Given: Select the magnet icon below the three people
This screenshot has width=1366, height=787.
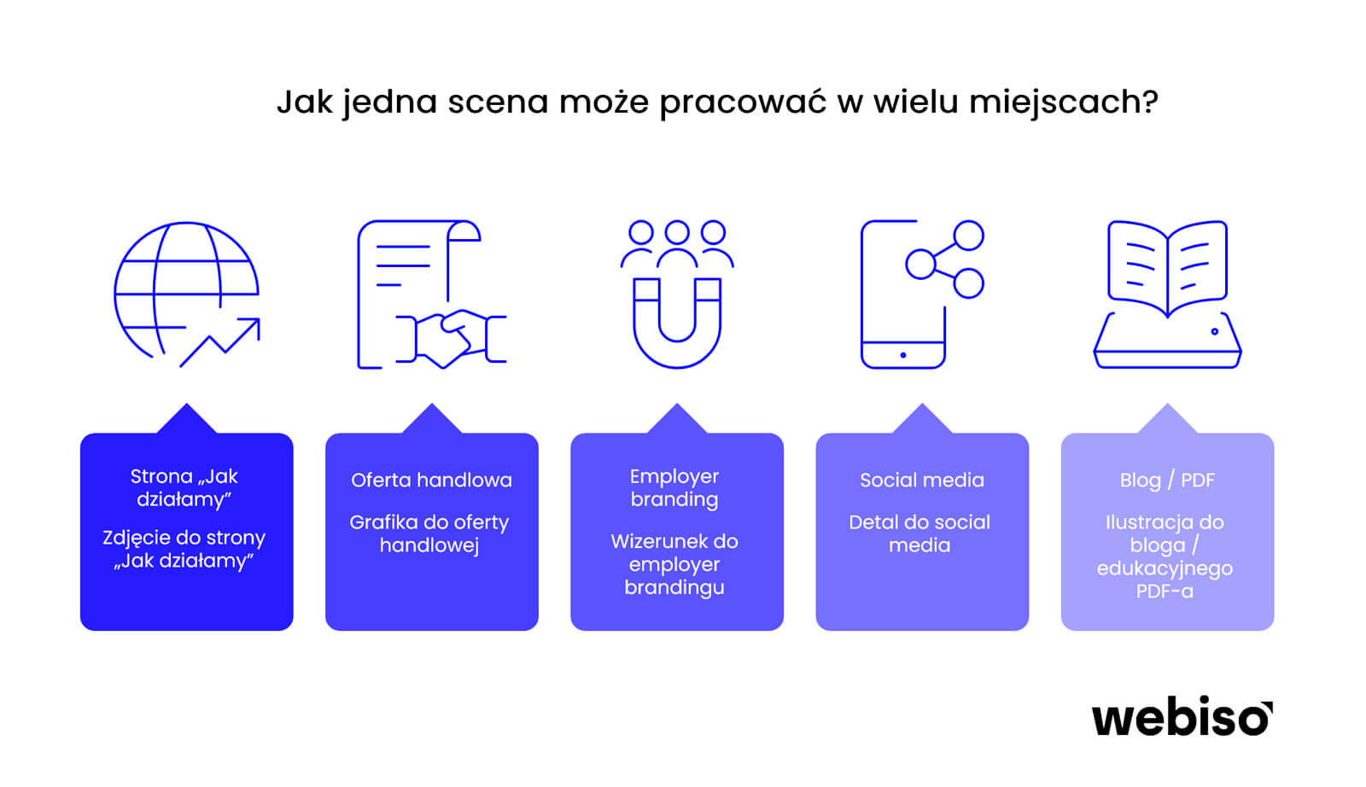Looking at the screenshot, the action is (x=677, y=324).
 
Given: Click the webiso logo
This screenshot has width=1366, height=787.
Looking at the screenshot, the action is (x=1182, y=718).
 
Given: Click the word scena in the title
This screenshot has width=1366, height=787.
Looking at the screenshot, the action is (x=499, y=102).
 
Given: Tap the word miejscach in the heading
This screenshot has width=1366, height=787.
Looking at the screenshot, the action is (x=1063, y=102).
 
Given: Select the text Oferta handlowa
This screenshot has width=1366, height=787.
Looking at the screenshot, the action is (x=432, y=480).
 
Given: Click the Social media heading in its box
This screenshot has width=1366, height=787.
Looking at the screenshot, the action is (x=922, y=480).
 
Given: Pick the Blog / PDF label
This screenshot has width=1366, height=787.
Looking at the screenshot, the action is (x=1167, y=481).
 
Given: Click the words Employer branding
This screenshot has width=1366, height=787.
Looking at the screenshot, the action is (x=674, y=487).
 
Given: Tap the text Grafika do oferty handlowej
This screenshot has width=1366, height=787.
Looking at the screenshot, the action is (x=429, y=533).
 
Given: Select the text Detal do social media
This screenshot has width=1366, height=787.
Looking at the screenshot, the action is (x=919, y=533).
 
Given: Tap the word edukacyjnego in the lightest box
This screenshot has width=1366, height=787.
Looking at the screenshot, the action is (x=1165, y=568).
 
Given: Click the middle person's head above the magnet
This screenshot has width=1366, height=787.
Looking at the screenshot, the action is (x=677, y=232).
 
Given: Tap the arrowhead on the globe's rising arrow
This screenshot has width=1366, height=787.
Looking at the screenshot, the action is (x=252, y=325).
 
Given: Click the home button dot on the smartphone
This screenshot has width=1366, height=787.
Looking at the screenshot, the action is (x=903, y=355).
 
